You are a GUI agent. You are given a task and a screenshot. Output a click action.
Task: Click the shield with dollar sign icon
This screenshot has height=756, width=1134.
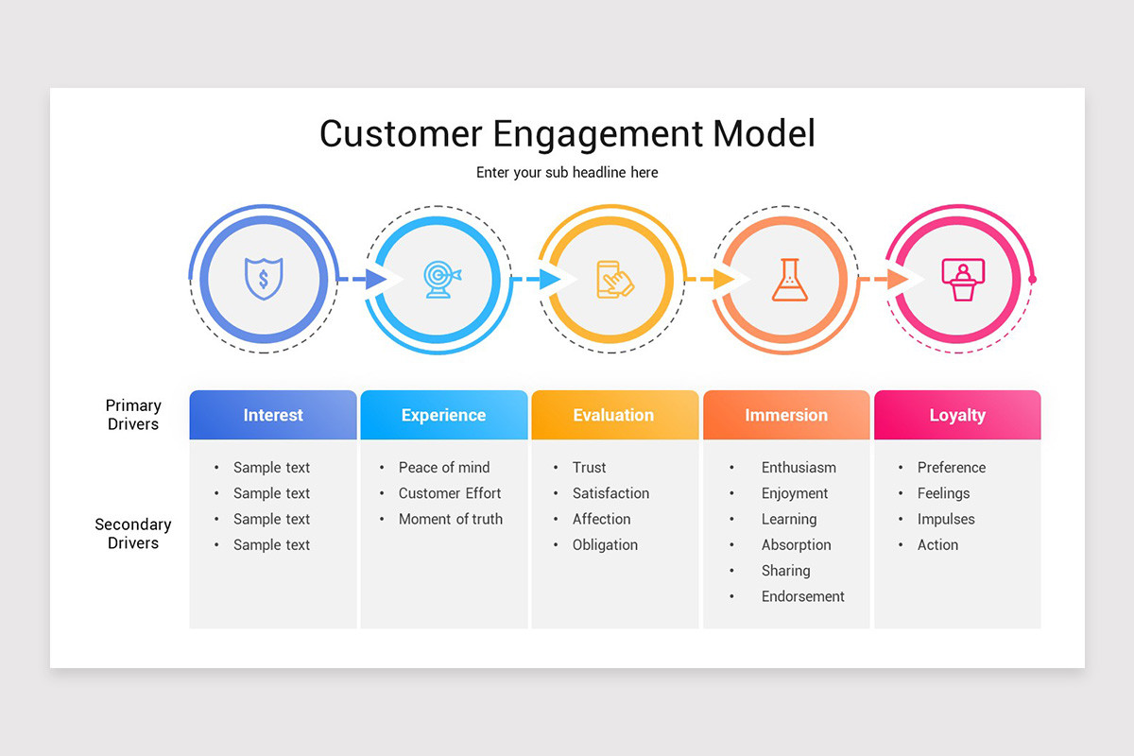[264, 280]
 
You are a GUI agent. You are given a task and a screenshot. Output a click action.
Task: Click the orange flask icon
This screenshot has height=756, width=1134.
[789, 280]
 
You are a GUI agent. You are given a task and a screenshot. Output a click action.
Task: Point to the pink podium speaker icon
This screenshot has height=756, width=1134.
[963, 280]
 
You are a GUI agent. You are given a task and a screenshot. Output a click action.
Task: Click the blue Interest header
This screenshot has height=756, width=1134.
[273, 415]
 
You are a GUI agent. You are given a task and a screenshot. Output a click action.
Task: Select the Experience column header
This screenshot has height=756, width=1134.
[443, 415]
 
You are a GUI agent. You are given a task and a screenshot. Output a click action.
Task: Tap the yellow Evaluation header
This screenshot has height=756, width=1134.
[613, 415]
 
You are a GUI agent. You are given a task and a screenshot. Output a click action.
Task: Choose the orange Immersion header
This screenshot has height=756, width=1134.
[785, 415]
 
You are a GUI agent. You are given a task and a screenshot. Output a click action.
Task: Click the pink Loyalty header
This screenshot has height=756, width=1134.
[957, 415]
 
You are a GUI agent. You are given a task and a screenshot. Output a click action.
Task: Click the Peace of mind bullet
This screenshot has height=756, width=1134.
[444, 467]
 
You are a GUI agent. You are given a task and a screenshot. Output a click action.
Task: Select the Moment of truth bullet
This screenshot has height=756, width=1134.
[451, 519]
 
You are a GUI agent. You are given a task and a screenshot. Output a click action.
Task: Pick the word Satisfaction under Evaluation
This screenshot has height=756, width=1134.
[610, 493]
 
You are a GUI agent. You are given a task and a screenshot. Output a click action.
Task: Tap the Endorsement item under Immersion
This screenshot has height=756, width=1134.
[803, 596]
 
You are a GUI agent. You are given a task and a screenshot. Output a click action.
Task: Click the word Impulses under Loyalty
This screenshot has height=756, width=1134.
[946, 519]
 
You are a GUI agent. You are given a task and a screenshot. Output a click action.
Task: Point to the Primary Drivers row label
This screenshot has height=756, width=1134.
[133, 415]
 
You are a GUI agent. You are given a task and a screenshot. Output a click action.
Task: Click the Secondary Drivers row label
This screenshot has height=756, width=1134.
[133, 534]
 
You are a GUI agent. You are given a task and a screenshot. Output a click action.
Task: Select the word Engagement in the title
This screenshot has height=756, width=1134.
[598, 133]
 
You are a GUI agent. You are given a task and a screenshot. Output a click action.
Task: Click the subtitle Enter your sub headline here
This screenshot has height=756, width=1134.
[567, 172]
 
